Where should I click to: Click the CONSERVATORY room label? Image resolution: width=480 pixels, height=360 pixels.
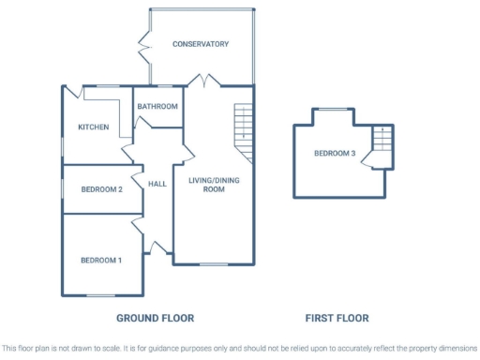(200, 44)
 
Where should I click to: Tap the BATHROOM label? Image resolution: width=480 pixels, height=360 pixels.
(157, 106)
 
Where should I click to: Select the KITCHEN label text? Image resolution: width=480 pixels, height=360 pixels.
(93, 127)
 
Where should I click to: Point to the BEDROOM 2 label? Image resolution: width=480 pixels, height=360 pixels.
(101, 188)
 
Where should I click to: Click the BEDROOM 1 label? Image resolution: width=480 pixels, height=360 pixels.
(100, 260)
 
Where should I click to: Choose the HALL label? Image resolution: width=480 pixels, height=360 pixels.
(157, 184)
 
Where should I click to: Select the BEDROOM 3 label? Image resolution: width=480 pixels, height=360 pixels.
(335, 154)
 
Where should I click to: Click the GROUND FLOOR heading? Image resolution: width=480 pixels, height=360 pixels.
(155, 318)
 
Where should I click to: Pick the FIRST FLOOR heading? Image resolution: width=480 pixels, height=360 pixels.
(337, 318)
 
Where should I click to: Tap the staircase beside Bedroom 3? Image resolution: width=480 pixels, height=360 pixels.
(382, 141)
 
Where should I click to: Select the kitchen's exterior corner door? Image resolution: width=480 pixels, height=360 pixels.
(71, 92)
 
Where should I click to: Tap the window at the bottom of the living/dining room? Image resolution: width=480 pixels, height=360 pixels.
(213, 263)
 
